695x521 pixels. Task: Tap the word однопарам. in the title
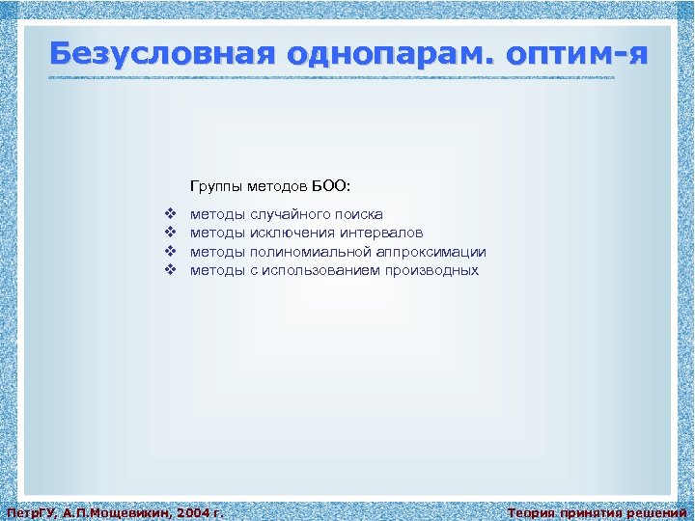tap(349, 54)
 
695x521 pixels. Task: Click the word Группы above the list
tap(216, 183)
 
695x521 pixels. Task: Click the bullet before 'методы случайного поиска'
tap(169, 214)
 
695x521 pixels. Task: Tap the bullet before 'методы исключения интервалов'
tap(169, 233)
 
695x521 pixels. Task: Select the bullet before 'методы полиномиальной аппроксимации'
tap(169, 251)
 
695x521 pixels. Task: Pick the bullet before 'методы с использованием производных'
tap(169, 270)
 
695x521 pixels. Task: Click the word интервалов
tap(375, 233)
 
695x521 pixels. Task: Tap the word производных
tap(431, 270)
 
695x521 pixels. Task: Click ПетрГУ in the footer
tap(29, 512)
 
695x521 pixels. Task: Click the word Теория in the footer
tap(530, 512)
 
